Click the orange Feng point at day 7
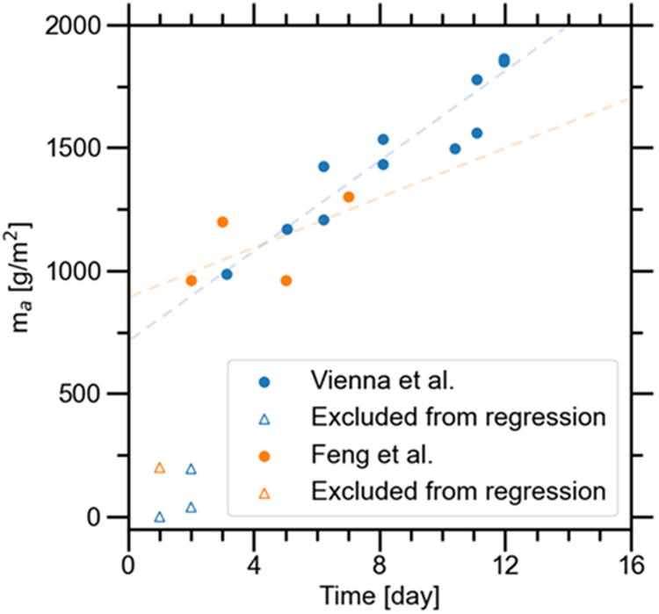(x=349, y=197)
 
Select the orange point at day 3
(x=222, y=222)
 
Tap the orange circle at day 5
(x=286, y=280)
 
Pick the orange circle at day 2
(x=192, y=280)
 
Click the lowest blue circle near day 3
(x=227, y=274)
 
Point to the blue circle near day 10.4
(x=455, y=148)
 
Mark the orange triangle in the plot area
(x=160, y=468)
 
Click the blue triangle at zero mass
(x=160, y=516)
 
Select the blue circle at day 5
(x=286, y=229)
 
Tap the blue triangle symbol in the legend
(x=266, y=419)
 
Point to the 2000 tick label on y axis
(x=77, y=25)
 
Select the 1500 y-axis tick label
(x=77, y=148)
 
